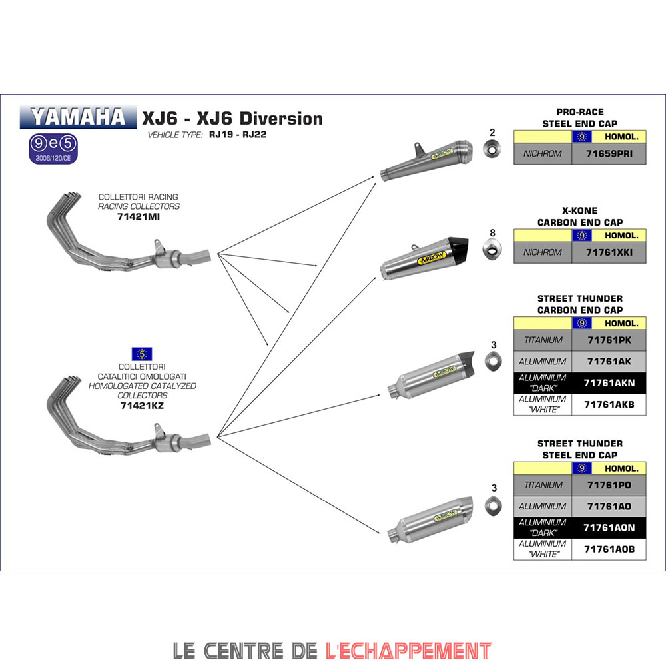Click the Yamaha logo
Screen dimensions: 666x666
[73, 117]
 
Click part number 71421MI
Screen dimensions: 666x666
[139, 217]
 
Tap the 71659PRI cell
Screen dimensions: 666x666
[609, 153]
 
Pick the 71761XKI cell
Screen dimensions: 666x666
[609, 252]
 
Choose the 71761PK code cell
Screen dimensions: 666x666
[609, 340]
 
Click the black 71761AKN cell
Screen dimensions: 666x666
[609, 383]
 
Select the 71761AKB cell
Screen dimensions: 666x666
[609, 404]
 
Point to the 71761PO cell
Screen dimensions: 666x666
[609, 485]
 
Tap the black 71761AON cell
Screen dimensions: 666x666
[609, 527]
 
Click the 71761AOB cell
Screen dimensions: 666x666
[609, 549]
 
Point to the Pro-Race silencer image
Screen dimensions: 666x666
[426, 157]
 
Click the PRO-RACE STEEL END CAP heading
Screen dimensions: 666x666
[579, 118]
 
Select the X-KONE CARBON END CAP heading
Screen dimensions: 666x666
[579, 216]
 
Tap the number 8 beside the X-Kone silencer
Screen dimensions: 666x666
[493, 233]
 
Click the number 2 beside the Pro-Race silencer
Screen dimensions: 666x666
[493, 132]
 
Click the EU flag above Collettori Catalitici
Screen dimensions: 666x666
[142, 354]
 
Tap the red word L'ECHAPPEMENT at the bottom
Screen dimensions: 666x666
[408, 650]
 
